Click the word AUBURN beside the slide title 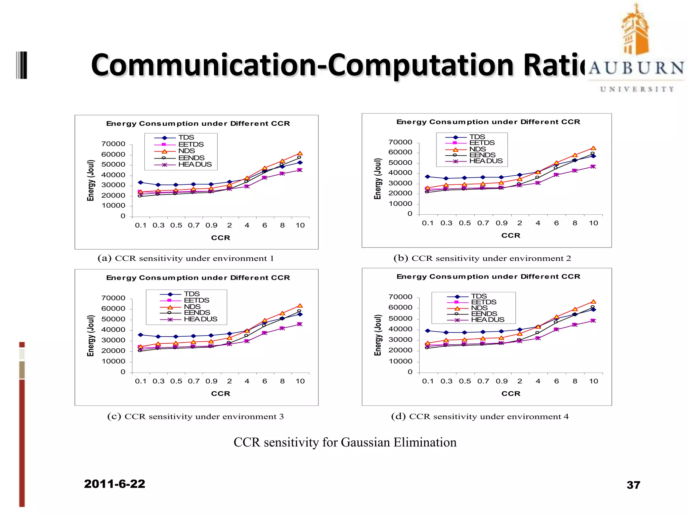tap(636, 68)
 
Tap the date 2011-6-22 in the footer tap(115, 484)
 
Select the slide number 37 tap(633, 485)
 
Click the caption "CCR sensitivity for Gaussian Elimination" tap(345, 442)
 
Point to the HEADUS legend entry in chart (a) tap(195, 165)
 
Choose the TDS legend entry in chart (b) tap(477, 137)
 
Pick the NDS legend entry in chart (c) tap(192, 307)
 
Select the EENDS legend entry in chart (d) tap(484, 314)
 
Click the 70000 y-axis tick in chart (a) tap(113, 144)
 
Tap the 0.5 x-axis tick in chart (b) tap(465, 223)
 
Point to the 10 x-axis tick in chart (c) tap(300, 381)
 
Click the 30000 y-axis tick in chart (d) tap(400, 340)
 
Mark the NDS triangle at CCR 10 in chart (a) tap(300, 154)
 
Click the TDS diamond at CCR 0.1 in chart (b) tap(427, 177)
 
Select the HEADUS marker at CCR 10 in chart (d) tap(593, 321)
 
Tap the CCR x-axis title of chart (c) tap(221, 394)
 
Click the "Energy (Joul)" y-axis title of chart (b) tap(378, 179)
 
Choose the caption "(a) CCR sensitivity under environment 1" tap(186, 258)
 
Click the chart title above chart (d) tap(488, 276)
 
